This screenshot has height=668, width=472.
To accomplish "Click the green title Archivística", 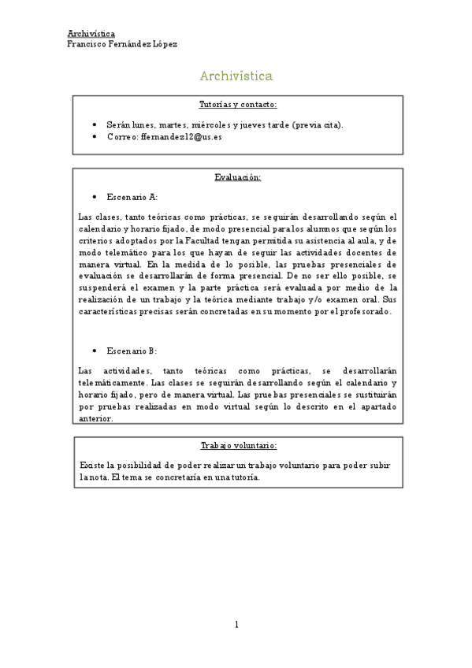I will click(236, 76).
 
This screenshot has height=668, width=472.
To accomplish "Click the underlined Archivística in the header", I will click(91, 34).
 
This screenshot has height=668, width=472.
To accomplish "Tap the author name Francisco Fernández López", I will click(122, 44).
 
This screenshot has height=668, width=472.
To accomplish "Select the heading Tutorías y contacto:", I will click(237, 104).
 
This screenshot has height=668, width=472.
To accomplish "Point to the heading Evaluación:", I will click(237, 177).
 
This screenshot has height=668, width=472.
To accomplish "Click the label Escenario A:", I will click(132, 197).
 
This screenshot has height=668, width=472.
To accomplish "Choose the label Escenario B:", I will click(132, 351).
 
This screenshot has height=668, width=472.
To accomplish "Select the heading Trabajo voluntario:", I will click(238, 445).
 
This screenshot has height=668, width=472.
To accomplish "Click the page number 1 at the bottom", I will click(236, 625).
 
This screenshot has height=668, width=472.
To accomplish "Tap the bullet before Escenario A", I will click(95, 197).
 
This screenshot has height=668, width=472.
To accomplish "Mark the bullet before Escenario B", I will click(95, 351).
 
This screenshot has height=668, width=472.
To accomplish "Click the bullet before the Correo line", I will click(95, 136).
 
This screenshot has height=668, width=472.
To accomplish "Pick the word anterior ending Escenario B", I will click(96, 418).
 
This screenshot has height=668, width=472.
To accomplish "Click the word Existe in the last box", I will click(91, 465).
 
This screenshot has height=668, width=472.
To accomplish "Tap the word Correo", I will click(121, 136).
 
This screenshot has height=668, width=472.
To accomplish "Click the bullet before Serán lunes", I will click(95, 124).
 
